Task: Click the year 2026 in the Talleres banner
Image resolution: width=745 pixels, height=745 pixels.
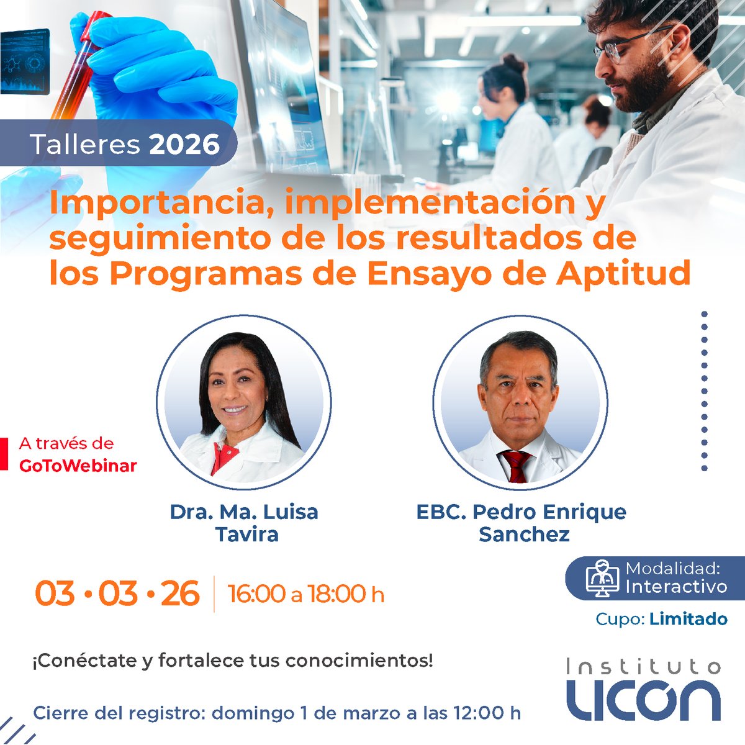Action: click(x=184, y=144)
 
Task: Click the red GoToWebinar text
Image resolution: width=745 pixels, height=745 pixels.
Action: click(x=78, y=465)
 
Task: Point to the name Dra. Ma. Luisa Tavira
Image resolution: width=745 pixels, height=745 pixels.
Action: click(x=244, y=523)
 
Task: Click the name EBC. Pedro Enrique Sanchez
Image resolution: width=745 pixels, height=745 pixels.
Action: click(x=521, y=523)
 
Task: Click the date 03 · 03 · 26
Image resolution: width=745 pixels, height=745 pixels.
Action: click(x=117, y=594)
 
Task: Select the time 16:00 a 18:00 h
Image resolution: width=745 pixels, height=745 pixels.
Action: click(x=306, y=594)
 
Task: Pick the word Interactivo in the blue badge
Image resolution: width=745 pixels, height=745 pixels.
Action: click(x=675, y=586)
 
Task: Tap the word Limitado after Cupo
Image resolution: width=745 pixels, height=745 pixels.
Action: click(x=688, y=619)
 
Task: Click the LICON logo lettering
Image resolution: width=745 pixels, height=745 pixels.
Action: click(x=643, y=700)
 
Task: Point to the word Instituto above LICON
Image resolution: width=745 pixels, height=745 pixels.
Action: click(x=643, y=667)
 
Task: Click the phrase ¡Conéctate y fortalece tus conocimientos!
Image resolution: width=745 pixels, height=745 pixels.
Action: click(x=232, y=661)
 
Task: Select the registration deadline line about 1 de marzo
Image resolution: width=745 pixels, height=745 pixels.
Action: click(x=277, y=713)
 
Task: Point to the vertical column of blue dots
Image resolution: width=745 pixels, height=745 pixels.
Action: click(x=704, y=391)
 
